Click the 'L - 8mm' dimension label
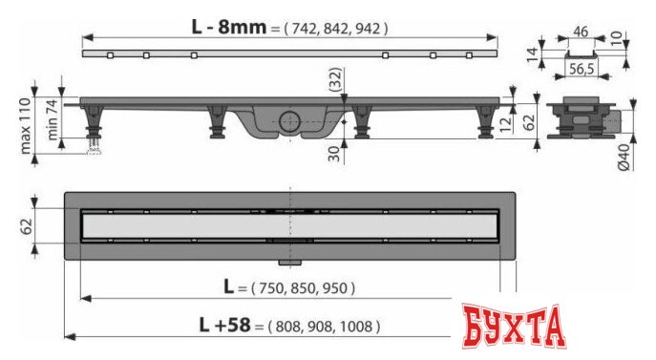click(x=229, y=27)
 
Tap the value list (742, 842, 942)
click(x=335, y=29)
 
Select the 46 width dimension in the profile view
click(x=581, y=32)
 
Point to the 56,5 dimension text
click(x=582, y=69)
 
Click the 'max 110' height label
click(x=26, y=125)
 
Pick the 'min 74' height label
click(x=53, y=118)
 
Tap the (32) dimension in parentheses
click(x=335, y=79)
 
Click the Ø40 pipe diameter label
click(x=624, y=157)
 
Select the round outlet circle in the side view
click(x=289, y=122)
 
